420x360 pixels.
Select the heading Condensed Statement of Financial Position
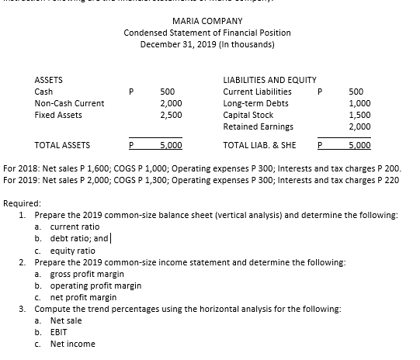207,33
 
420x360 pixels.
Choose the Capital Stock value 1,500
360,114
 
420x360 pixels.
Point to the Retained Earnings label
258,126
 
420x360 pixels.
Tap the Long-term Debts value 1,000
360,102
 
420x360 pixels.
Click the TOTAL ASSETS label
62,144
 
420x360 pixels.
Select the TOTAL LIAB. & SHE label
259,144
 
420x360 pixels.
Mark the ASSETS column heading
49,79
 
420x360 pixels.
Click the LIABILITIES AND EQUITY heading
269,79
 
